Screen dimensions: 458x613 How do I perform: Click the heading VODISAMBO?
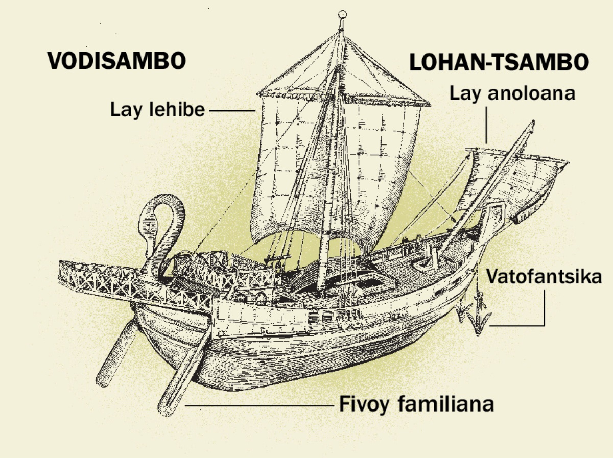pos(116,61)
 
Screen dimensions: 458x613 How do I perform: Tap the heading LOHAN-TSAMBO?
pos(499,63)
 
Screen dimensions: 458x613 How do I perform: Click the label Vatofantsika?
pos(544,277)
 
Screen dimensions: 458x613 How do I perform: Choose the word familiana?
pos(446,404)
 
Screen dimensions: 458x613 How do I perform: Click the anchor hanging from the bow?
pos(478,317)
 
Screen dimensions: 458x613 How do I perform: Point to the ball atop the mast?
pos(343,14)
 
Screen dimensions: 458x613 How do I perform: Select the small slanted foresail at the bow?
pos(516,179)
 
